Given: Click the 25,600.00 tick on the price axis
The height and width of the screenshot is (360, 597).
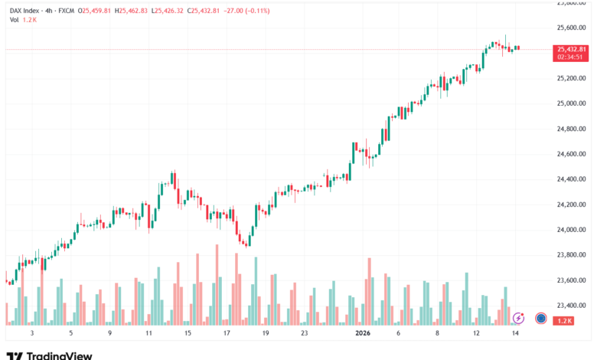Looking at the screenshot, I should point(570,28).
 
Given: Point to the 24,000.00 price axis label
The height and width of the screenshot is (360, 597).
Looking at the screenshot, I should point(570,230).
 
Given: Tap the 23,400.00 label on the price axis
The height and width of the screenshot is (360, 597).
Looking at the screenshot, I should point(570,306).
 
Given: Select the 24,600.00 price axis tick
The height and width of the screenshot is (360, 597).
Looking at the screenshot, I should point(570,154).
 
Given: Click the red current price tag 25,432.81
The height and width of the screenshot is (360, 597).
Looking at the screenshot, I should point(572,49).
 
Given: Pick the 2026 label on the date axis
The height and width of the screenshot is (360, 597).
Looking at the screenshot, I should point(363,334).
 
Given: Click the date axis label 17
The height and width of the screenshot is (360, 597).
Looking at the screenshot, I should point(227,334).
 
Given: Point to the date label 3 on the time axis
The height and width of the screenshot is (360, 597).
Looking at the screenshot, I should point(31,334).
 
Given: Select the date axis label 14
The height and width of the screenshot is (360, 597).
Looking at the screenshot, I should point(516,334).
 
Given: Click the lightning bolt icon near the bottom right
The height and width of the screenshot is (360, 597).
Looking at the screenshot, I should point(518,317).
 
